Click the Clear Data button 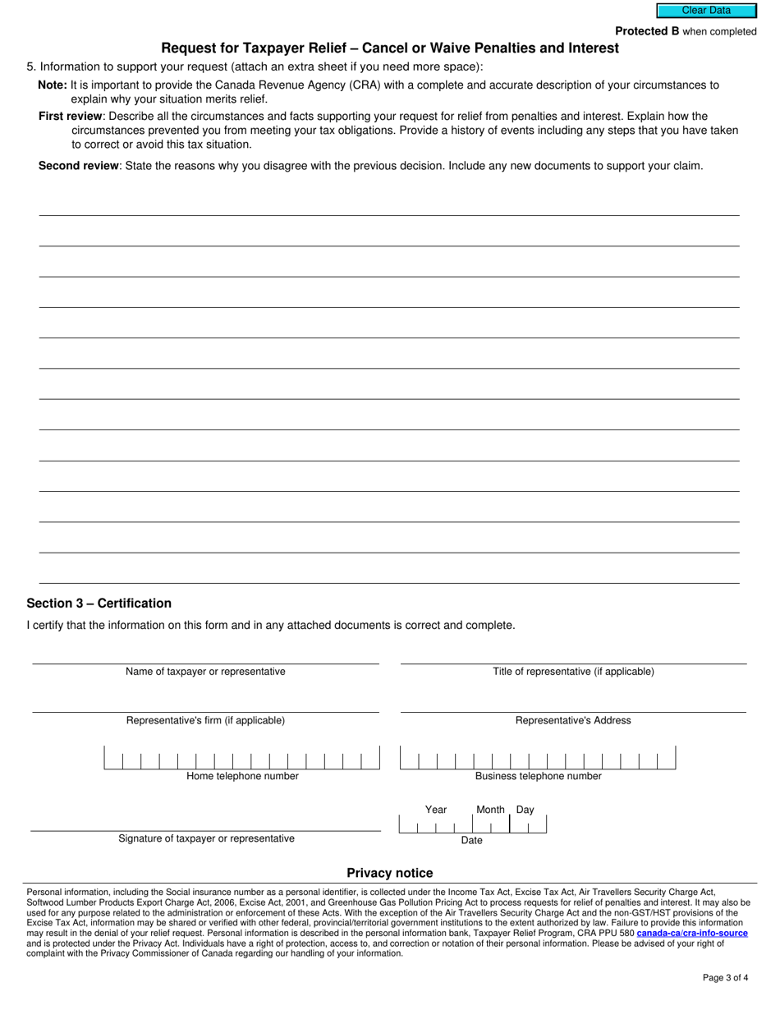coord(705,11)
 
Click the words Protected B coord(647,31)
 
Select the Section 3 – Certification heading coord(99,604)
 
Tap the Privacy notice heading coord(389,873)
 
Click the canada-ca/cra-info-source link coord(691,934)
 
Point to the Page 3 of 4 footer coord(725,977)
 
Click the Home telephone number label coord(242,776)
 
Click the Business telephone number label coord(538,776)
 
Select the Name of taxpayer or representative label coord(205,672)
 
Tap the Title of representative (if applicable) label coord(573,672)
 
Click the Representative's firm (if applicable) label coord(205,721)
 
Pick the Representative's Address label coord(573,721)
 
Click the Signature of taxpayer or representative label coord(206,838)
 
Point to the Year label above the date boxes coord(436,810)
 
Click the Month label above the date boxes coord(490,810)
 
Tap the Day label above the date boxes coord(525,810)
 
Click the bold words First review coord(71,117)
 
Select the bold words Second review coord(79,166)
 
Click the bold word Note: coord(53,85)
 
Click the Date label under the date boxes coord(471,841)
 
